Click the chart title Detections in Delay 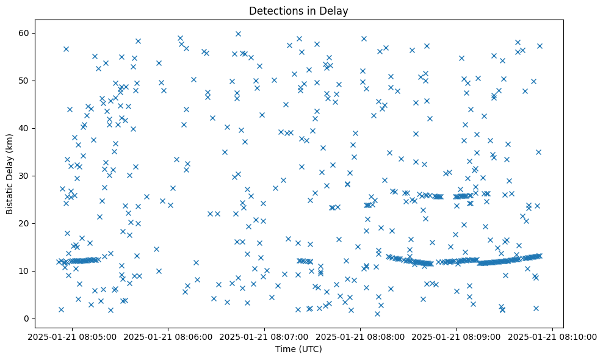(x=298, y=10)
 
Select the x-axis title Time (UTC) (x=298, y=349)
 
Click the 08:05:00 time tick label (x=73, y=336)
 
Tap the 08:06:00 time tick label (x=169, y=336)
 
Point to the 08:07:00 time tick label (x=265, y=336)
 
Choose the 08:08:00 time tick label (x=361, y=336)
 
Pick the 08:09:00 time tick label (x=457, y=336)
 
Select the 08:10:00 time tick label (x=552, y=336)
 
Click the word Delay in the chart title (x=335, y=10)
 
